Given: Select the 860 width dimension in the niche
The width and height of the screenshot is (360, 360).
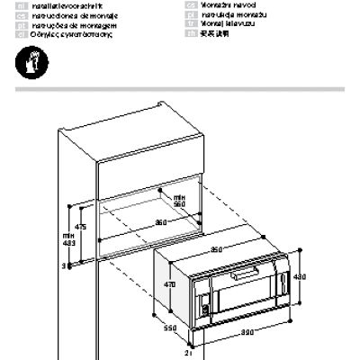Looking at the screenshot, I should point(160,222).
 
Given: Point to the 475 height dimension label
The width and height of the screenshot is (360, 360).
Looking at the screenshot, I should point(80,228).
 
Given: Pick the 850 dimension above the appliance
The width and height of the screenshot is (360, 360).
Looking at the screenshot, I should point(218,248).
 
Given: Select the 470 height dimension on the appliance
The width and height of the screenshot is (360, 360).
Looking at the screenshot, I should point(166,284).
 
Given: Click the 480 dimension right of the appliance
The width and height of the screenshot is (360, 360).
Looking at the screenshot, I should point(301,277).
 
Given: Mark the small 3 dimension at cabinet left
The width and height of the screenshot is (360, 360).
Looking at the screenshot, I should point(64,266).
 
